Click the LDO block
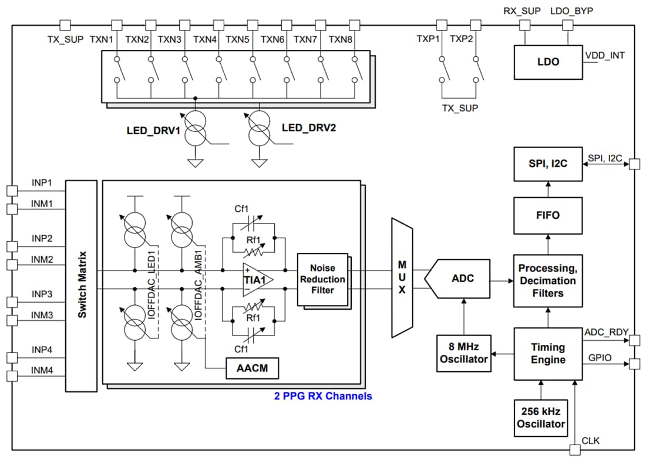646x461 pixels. [548, 62]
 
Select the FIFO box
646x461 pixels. [548, 215]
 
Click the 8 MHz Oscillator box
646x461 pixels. [465, 352]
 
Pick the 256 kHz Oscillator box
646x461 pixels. [541, 418]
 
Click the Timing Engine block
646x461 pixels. [548, 354]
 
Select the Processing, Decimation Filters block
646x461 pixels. [548, 280]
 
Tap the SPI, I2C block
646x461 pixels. [548, 164]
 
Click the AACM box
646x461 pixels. [253, 369]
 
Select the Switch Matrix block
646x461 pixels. [81, 286]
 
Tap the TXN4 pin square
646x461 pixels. [218, 25]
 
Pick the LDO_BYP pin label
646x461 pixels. [568, 11]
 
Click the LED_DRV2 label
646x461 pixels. [308, 128]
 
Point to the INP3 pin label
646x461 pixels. [42, 294]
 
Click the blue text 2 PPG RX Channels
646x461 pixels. [323, 396]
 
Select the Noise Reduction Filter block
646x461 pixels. [322, 279]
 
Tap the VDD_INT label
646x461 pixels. [605, 56]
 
